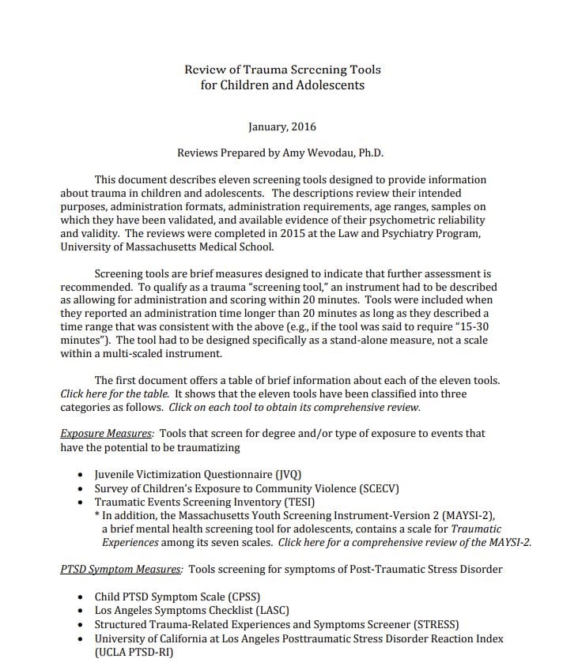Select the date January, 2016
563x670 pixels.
[282, 126]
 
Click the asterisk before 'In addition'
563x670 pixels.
[96, 515]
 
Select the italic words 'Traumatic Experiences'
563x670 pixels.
[300, 536]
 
